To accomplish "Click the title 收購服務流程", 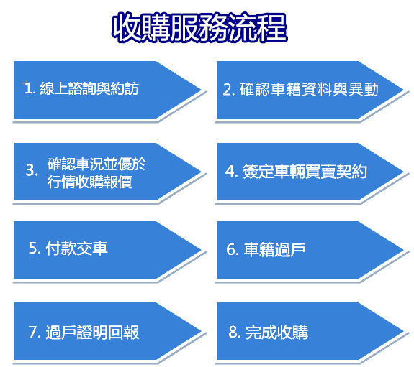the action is pos(199,28).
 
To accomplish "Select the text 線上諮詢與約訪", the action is pos(89,88).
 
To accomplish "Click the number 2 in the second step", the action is pos(228,90).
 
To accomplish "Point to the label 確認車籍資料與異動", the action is pos(309,89).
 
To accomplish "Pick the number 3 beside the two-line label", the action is pos(31,170).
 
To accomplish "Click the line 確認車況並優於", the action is pos(96,164).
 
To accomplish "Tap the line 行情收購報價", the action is pos(89,182).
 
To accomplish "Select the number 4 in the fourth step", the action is pos(230,171).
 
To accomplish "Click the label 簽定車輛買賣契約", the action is pos(305,171).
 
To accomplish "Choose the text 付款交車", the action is pos(76,248).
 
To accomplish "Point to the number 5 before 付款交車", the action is pos(34,248).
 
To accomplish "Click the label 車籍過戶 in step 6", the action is pos(274,249).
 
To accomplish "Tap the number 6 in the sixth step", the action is pos(231,249).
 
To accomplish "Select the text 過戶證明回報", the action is pos(92,333).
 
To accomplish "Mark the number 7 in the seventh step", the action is pos(33,333).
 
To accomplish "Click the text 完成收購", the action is pos(276,333).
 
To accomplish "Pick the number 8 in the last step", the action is pos(234,332).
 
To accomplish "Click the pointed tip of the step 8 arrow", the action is pos(404,331).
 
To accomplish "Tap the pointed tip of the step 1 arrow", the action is pos(202,90).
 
